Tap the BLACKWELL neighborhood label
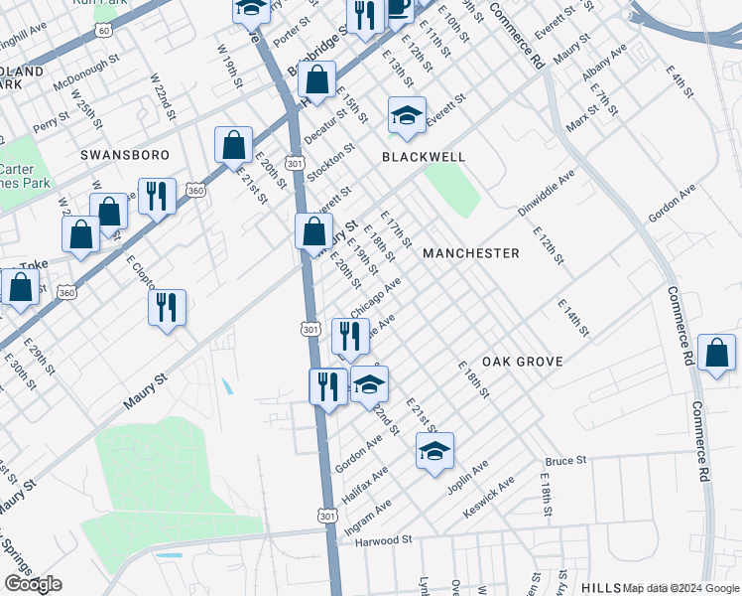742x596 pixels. click(424, 157)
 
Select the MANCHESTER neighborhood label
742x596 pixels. click(470, 253)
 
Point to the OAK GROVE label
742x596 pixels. click(523, 362)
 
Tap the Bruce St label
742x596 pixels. click(566, 461)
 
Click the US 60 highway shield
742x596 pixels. click(104, 31)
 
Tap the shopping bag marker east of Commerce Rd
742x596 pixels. click(716, 355)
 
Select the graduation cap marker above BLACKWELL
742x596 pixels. click(407, 115)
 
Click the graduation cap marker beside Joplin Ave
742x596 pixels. click(434, 451)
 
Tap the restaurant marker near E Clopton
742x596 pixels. click(167, 307)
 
